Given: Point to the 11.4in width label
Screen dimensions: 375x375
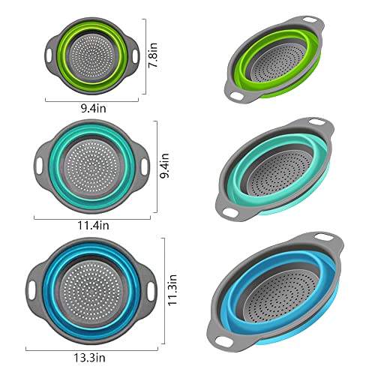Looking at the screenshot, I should (x=94, y=223).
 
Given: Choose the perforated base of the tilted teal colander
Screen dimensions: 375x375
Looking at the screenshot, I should (x=280, y=167).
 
